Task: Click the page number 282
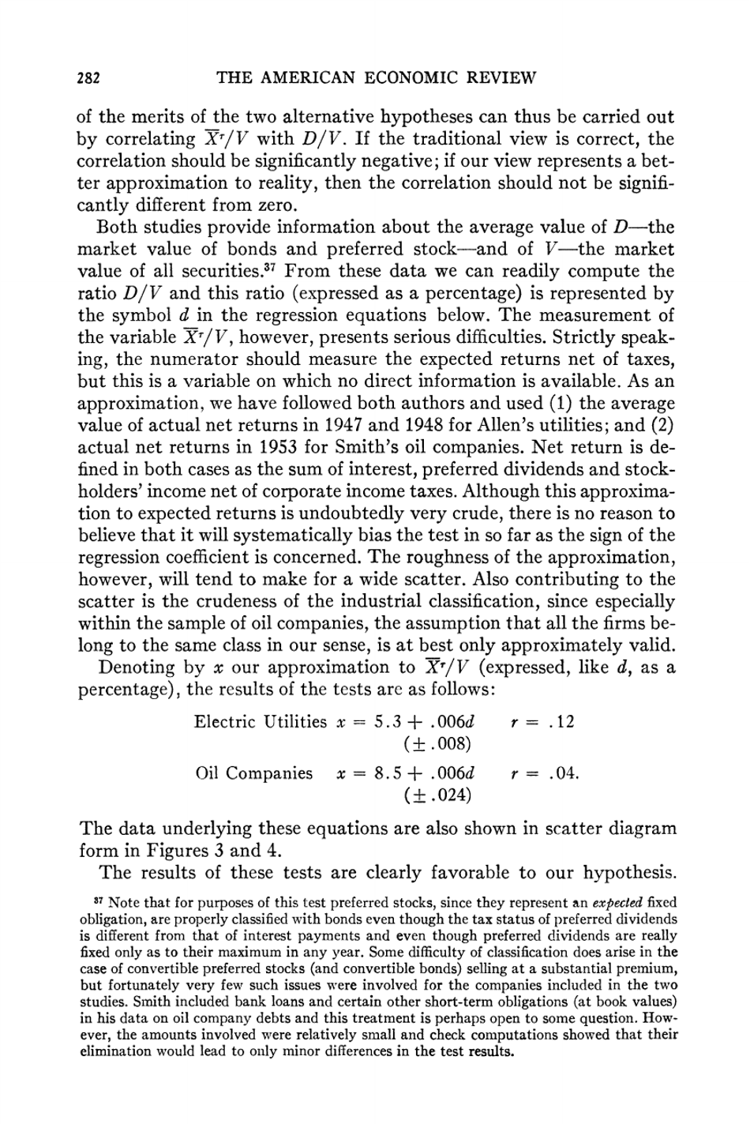coord(88,77)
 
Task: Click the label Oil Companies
coord(254,773)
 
